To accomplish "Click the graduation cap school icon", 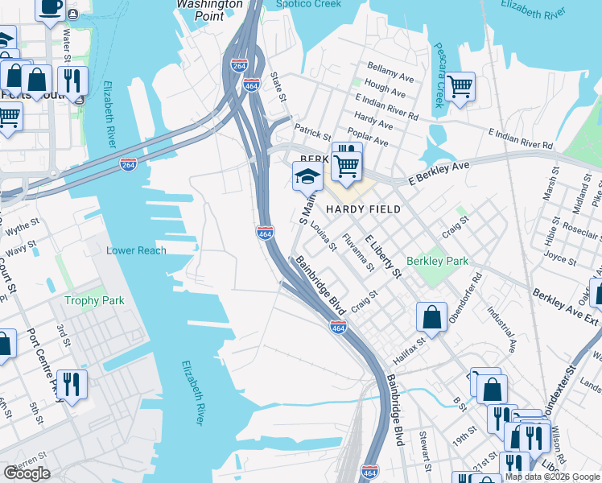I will (306, 176).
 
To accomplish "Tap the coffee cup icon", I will (51, 8).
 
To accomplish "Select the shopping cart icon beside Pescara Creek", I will (460, 85).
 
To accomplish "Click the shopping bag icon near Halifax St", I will (431, 316).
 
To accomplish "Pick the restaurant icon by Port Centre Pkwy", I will (73, 386).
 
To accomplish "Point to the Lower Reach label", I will (136, 250).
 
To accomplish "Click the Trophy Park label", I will (94, 300).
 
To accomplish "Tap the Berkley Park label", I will (437, 261).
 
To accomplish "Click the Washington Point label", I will (209, 4).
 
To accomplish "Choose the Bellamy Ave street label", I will (390, 72).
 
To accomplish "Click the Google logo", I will (27, 473).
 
